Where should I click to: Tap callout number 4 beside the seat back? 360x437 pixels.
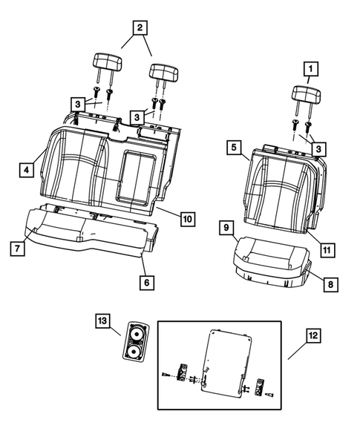tap(26, 170)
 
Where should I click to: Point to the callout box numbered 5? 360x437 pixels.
tap(234, 148)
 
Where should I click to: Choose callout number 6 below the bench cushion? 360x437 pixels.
tap(146, 282)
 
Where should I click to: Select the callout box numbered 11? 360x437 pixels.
tap(325, 251)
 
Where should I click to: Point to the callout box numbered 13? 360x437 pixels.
tap(101, 321)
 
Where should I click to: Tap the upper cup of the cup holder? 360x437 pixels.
tap(136, 332)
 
